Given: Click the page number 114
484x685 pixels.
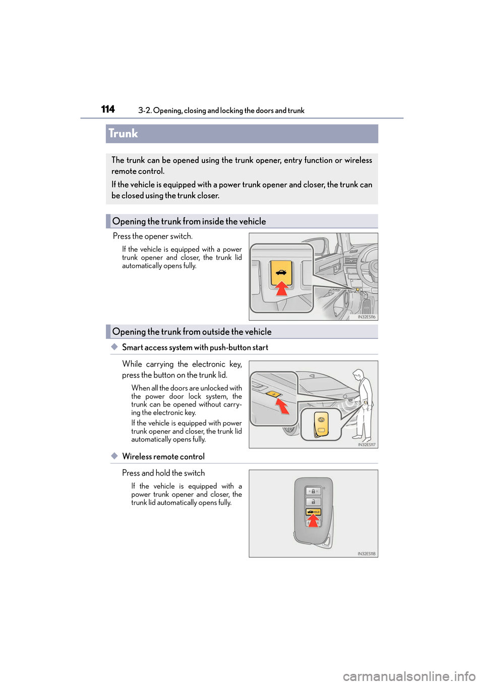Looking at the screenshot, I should tap(108, 109).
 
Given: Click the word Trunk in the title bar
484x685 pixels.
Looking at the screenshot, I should tap(123, 134).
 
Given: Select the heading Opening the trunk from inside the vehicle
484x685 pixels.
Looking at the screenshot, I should tap(189, 221).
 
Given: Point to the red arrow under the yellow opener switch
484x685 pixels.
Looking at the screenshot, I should tap(282, 289).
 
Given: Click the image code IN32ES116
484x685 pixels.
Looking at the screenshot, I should tap(367, 317).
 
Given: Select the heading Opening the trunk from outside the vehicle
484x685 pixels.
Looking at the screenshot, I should tap(192, 332).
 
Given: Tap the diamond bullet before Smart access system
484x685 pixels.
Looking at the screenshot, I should tap(114, 347).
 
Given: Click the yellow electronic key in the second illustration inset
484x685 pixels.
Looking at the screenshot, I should tap(321, 423).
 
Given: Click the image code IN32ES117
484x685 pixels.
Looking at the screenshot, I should tap(367, 445).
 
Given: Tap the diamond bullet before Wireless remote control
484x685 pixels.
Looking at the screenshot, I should tap(114, 455).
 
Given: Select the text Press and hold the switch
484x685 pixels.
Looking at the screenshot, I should tap(163, 473).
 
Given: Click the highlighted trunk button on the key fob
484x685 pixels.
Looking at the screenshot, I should tap(313, 511).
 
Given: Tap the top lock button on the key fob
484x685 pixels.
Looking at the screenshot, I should tap(313, 491).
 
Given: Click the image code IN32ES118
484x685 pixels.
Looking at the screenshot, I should tap(367, 554).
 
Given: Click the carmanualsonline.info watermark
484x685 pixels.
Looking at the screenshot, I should tap(409, 676).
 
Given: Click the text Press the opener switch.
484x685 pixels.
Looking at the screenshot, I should tap(153, 236).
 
